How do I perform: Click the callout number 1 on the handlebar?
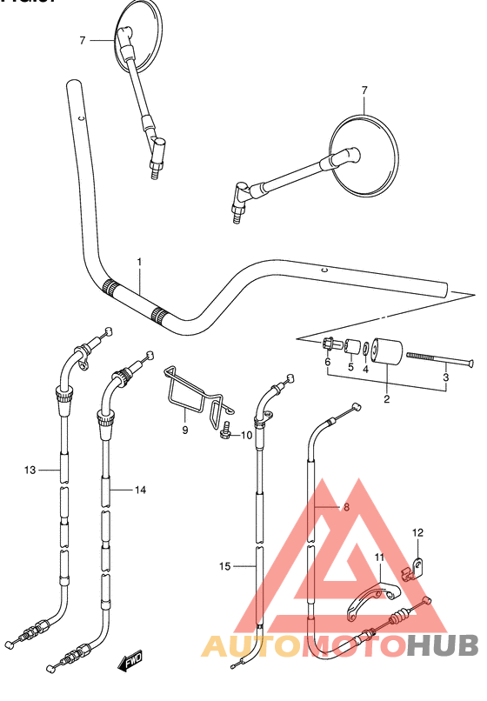tap(138, 262)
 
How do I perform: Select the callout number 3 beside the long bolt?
tap(445, 377)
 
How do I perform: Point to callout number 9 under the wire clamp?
tap(185, 430)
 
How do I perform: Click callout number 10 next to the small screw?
tap(246, 435)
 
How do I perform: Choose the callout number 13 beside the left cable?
tap(30, 471)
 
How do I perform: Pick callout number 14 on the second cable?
tap(139, 490)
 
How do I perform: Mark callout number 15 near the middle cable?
tap(224, 566)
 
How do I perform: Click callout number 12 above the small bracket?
tap(417, 533)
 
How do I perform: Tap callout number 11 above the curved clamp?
tap(379, 557)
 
